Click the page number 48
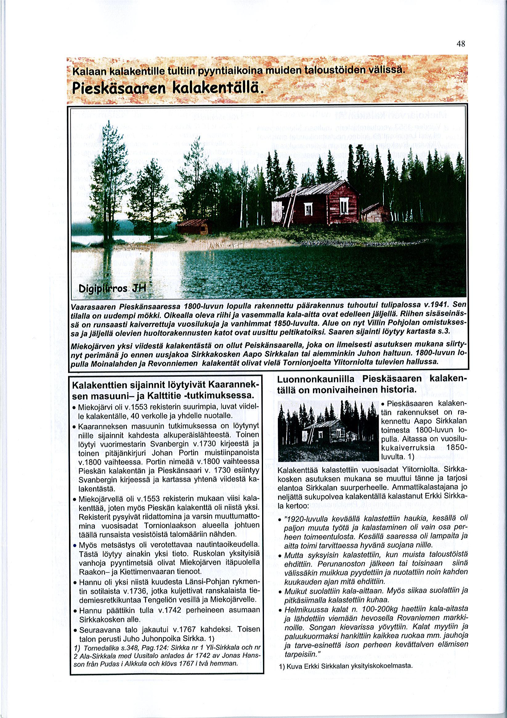(x=461, y=44)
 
